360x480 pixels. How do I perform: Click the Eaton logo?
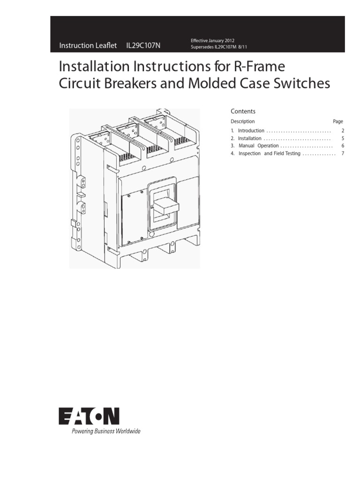click(89, 416)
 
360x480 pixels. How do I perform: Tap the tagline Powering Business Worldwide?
click(105, 431)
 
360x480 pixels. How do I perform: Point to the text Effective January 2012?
click(212, 41)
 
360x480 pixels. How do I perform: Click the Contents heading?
click(243, 111)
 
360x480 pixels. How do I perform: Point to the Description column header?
click(243, 121)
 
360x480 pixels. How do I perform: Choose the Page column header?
click(338, 121)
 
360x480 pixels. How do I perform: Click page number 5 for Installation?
click(343, 138)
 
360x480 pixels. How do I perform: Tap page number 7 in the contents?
click(343, 153)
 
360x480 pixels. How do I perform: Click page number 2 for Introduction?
click(343, 131)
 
